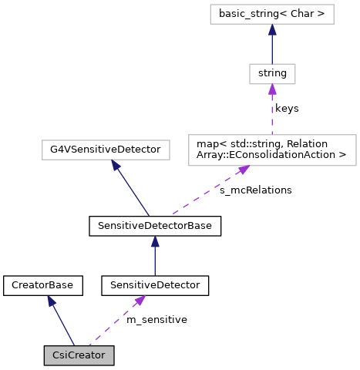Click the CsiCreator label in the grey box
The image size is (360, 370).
[79, 355]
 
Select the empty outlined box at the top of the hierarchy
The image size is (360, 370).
[271, 14]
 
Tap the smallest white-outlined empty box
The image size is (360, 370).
[272, 74]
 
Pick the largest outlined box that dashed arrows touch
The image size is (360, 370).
[272, 150]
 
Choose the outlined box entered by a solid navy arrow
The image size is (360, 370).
[106, 150]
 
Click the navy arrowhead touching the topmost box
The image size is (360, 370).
[272, 30]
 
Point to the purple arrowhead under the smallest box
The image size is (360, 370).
[272, 90]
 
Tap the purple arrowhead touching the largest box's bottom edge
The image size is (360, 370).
[244, 170]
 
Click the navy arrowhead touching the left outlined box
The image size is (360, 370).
[115, 165]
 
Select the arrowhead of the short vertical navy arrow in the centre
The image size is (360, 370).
[155, 242]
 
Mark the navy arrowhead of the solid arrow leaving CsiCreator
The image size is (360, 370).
[51, 301]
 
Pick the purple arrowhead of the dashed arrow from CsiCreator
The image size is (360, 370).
[140, 301]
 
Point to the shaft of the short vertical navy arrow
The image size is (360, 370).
[155, 262]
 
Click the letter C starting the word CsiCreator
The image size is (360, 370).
[56, 355]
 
